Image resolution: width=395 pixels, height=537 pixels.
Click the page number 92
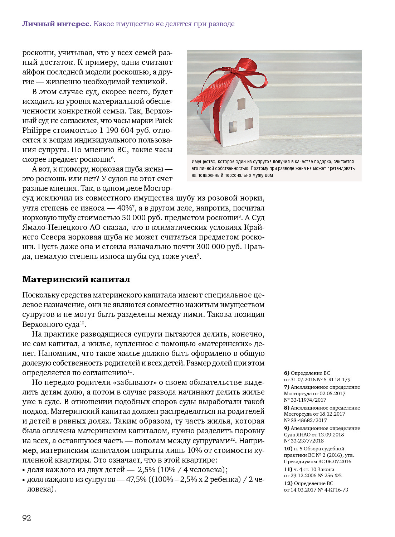[x=27, y=518]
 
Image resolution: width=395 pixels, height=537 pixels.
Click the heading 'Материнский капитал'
[x=76, y=279]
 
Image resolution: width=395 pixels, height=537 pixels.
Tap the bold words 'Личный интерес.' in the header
[x=57, y=24]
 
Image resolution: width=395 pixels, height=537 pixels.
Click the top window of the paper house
[x=241, y=104]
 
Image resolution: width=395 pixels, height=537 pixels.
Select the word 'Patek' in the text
[x=164, y=121]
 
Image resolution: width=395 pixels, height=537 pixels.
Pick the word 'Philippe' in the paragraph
[x=37, y=130]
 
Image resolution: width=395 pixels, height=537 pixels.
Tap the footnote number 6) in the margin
[x=287, y=373]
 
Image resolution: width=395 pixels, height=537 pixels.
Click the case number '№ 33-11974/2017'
[x=305, y=400]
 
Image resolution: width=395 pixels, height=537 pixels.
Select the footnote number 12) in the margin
[x=288, y=483]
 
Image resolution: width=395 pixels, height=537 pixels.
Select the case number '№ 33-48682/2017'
[x=305, y=420]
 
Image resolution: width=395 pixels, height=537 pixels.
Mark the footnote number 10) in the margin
[x=288, y=449]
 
